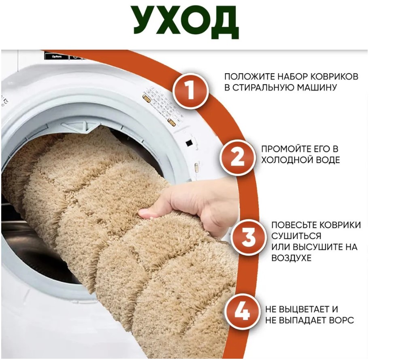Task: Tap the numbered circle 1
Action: tap(191, 90)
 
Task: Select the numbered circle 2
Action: tap(237, 158)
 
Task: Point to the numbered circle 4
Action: tap(242, 313)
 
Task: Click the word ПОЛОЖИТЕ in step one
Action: tap(249, 77)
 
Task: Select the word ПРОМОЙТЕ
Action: tap(283, 149)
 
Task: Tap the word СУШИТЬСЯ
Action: tap(296, 236)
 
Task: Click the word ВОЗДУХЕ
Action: tap(292, 258)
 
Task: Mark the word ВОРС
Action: tap(343, 320)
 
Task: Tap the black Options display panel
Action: tap(57, 56)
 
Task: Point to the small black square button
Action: tap(188, 144)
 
